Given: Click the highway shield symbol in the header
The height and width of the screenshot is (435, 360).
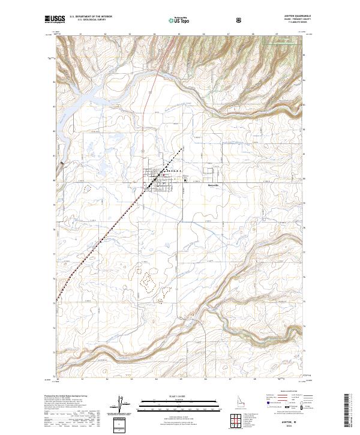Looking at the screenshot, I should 240,19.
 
